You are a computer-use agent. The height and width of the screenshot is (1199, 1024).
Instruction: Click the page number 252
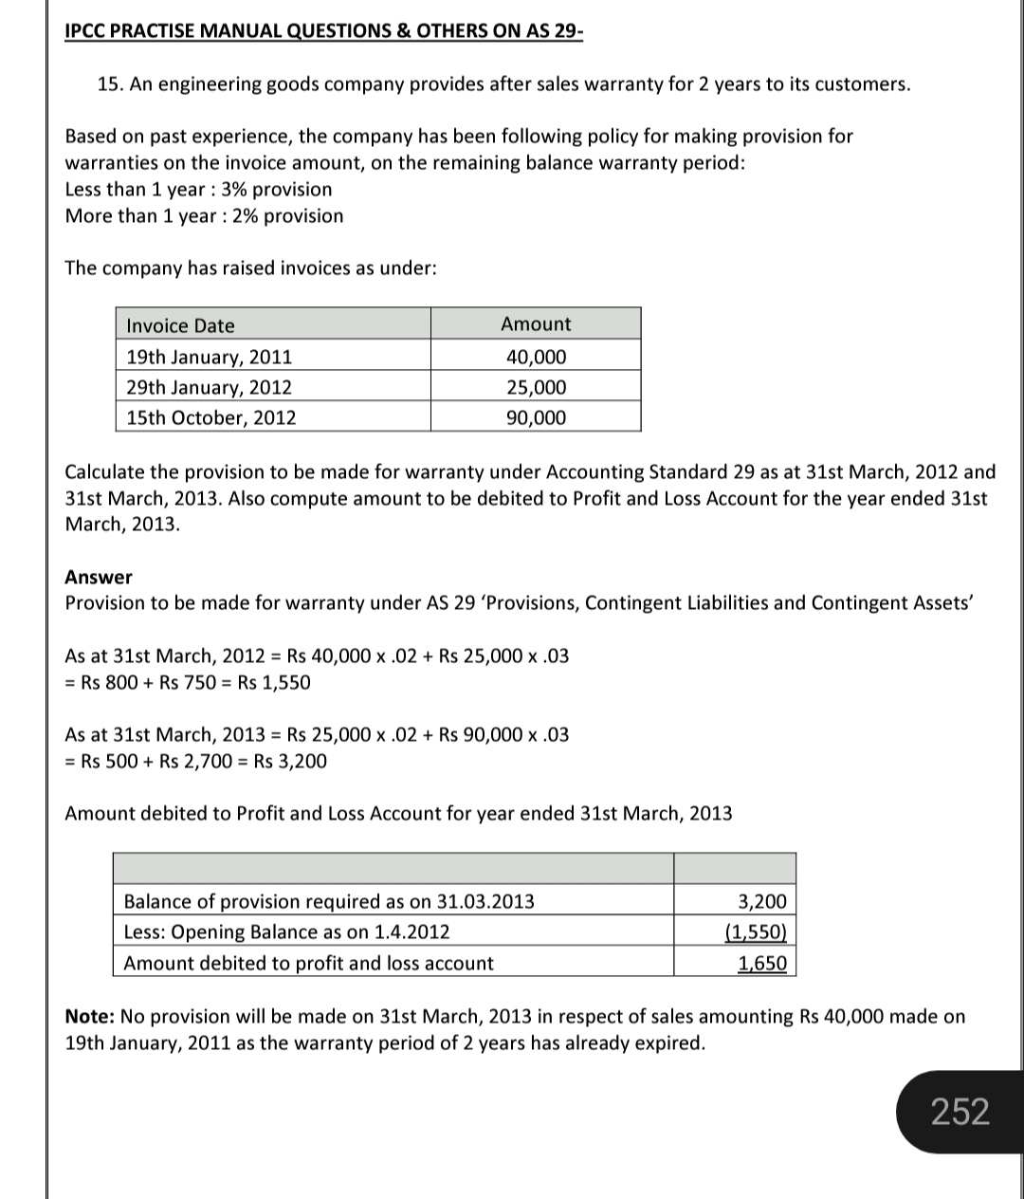pyautogui.click(x=960, y=1111)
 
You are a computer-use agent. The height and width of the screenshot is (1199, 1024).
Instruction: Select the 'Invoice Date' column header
pyautogui.click(x=180, y=325)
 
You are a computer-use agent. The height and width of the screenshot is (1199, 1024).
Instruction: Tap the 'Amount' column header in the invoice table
pyautogui.click(x=536, y=323)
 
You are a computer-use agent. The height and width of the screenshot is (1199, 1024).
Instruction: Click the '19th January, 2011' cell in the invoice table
pyautogui.click(x=210, y=357)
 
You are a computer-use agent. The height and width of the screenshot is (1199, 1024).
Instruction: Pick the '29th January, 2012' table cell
pyautogui.click(x=210, y=387)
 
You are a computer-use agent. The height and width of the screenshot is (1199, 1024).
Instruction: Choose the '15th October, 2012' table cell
pyautogui.click(x=211, y=417)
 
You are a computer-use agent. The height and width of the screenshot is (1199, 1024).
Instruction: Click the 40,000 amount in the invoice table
pyautogui.click(x=536, y=357)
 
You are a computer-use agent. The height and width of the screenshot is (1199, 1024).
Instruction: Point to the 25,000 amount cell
pyautogui.click(x=536, y=387)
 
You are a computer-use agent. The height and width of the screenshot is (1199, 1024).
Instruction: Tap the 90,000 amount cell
pyautogui.click(x=536, y=417)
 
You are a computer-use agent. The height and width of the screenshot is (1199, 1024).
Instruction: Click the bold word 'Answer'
pyautogui.click(x=99, y=577)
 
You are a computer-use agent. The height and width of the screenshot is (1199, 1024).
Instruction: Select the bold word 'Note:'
pyautogui.click(x=90, y=1017)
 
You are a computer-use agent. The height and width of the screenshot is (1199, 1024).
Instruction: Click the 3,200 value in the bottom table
pyautogui.click(x=762, y=901)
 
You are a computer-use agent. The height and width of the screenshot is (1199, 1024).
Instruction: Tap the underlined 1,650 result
pyautogui.click(x=762, y=964)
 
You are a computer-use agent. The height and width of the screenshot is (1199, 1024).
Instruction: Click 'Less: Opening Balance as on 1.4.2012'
pyautogui.click(x=287, y=932)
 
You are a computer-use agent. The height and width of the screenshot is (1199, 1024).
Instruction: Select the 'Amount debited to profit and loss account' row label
pyautogui.click(x=309, y=963)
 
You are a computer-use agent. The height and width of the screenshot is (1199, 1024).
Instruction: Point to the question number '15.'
pyautogui.click(x=110, y=84)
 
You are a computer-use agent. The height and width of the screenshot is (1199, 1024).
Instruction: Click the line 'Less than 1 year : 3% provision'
pyautogui.click(x=198, y=189)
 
